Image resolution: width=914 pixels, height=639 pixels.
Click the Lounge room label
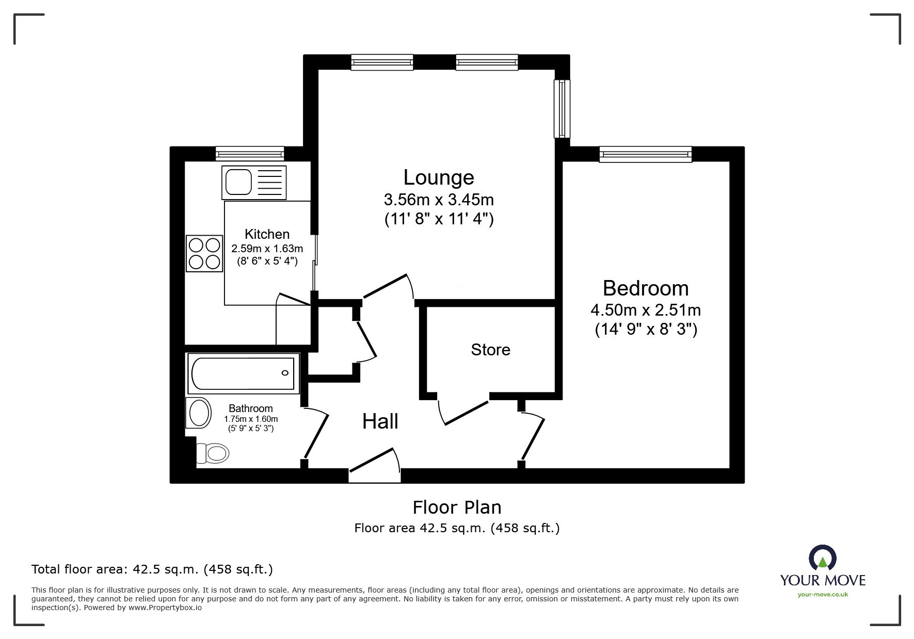tap(439, 177)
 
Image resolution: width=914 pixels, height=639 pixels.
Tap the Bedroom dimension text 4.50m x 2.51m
tap(646, 310)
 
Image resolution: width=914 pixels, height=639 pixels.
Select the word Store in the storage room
tap(490, 350)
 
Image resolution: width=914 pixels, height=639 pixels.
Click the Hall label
tap(380, 421)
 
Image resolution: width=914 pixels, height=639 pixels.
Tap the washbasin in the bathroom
tap(199, 413)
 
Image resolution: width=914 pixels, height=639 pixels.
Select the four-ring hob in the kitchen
tap(204, 253)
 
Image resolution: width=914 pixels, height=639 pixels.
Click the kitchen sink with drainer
tap(254, 182)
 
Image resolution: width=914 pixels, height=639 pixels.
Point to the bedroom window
tap(645, 154)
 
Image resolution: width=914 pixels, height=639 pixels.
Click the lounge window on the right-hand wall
tap(562, 108)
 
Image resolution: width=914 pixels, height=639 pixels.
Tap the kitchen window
tap(250, 153)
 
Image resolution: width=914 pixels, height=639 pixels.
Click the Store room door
tap(464, 413)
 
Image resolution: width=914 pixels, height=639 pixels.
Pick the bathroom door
tap(316, 433)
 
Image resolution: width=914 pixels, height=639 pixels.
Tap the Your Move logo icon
tap(822, 558)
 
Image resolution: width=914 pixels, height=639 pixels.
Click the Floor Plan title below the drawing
tap(457, 507)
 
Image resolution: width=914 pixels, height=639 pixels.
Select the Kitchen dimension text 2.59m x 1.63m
tap(267, 249)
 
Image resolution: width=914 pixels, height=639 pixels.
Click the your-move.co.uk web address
tap(823, 595)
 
